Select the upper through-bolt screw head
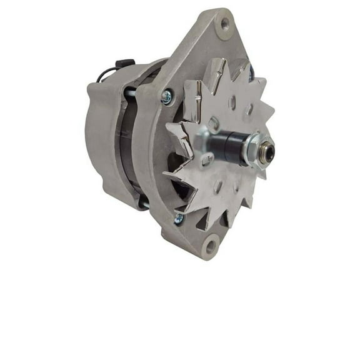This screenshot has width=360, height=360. point(167,96)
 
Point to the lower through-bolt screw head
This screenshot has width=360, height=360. point(180,218)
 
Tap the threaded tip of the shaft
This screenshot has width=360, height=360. point(267,151)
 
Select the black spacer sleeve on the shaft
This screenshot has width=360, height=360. point(231,149)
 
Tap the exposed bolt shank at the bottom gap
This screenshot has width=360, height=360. point(143,201)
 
